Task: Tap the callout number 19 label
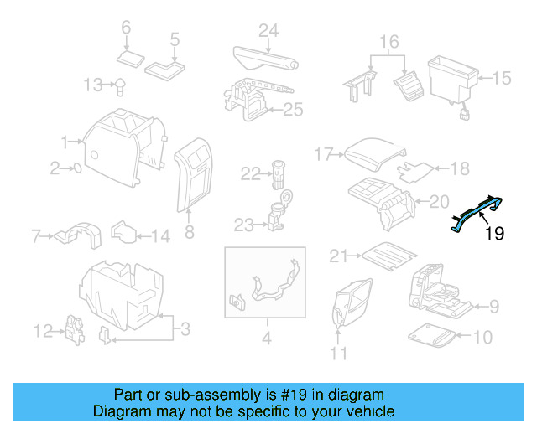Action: coord(495,234)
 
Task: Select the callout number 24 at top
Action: coord(268,32)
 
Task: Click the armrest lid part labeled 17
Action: coord(373,153)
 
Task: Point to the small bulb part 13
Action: coord(121,84)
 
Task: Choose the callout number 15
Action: coord(501,79)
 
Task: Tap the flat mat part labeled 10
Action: coord(433,336)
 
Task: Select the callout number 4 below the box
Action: coord(267,339)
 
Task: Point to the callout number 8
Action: coord(189,231)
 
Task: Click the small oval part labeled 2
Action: coord(77,168)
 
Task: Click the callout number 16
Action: coord(388,41)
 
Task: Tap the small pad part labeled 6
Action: coord(130,58)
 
